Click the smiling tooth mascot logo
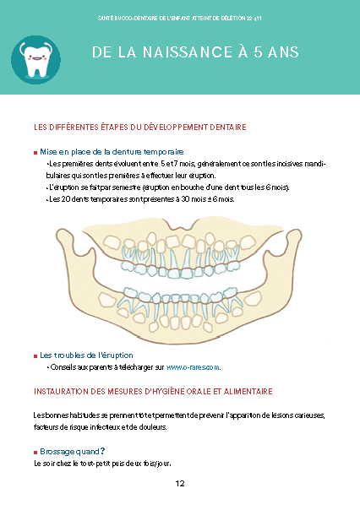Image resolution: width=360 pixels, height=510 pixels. click(x=35, y=60)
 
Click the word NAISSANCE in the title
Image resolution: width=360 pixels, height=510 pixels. click(x=188, y=52)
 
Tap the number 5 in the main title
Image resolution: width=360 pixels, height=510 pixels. click(x=258, y=52)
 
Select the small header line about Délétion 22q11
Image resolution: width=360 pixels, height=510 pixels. click(x=180, y=19)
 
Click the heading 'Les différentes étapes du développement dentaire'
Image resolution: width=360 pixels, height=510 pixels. click(x=140, y=127)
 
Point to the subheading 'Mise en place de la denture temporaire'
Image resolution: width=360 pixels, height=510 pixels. click(x=112, y=152)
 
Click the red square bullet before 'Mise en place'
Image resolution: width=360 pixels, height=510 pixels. click(x=35, y=153)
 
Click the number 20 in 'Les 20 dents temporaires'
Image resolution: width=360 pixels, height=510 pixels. click(x=66, y=199)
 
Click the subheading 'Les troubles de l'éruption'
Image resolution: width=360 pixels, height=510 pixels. click(x=86, y=355)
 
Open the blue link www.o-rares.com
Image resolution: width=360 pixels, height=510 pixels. click(x=193, y=367)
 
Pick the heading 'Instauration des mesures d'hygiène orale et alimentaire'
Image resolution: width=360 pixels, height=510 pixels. click(x=153, y=391)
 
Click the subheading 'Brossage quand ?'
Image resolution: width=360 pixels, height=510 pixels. click(x=73, y=452)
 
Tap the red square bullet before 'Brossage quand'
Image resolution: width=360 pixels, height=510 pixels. click(x=35, y=453)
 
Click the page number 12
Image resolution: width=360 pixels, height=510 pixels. click(x=180, y=483)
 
